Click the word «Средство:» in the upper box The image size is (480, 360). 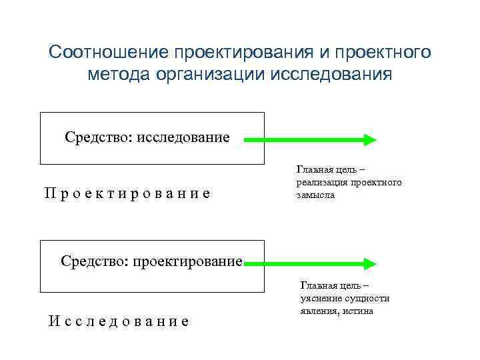coord(99,137)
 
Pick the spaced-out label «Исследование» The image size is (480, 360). coord(119,321)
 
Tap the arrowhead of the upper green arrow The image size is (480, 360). coord(369,140)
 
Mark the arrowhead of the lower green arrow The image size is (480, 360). coord(369,261)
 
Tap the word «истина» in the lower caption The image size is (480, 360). coord(359,311)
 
